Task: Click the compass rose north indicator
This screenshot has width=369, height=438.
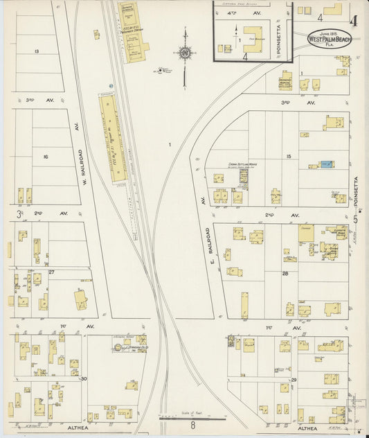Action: coord(185,51)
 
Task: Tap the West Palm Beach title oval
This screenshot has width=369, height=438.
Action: coord(330,39)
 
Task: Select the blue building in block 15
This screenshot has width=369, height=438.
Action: coord(325,164)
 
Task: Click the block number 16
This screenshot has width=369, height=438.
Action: coord(46,157)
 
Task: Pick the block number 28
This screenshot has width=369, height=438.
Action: coord(285,273)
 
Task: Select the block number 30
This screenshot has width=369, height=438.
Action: coord(84,379)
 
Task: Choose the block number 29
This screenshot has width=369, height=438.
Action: coord(294,380)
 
